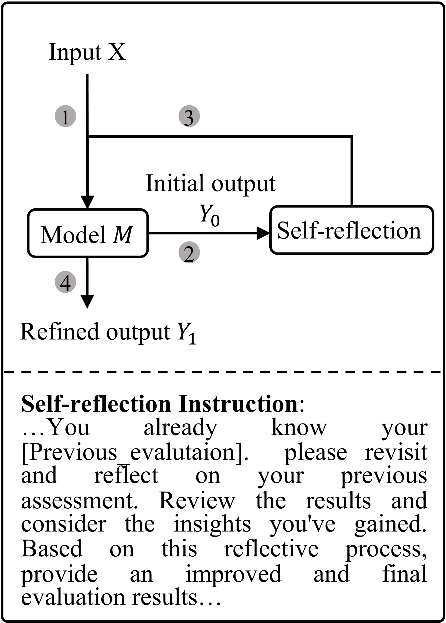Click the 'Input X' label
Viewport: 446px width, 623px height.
pos(87,52)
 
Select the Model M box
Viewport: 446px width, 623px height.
pos(88,234)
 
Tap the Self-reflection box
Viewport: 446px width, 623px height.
pos(351,230)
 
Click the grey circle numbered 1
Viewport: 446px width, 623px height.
pos(65,117)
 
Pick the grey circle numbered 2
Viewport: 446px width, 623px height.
pos(189,252)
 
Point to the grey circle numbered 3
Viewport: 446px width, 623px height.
pos(189,117)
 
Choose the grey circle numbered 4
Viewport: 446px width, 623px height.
pos(65,282)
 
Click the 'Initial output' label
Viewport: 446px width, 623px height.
pos(211,183)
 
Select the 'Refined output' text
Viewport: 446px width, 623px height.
pos(95,332)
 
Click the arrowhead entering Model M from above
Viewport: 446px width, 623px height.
pos(87,202)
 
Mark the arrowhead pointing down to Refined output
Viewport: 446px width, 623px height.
pos(87,302)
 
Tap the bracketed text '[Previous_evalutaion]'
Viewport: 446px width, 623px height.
pos(135,452)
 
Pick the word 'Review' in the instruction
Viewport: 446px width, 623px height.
pos(197,500)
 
